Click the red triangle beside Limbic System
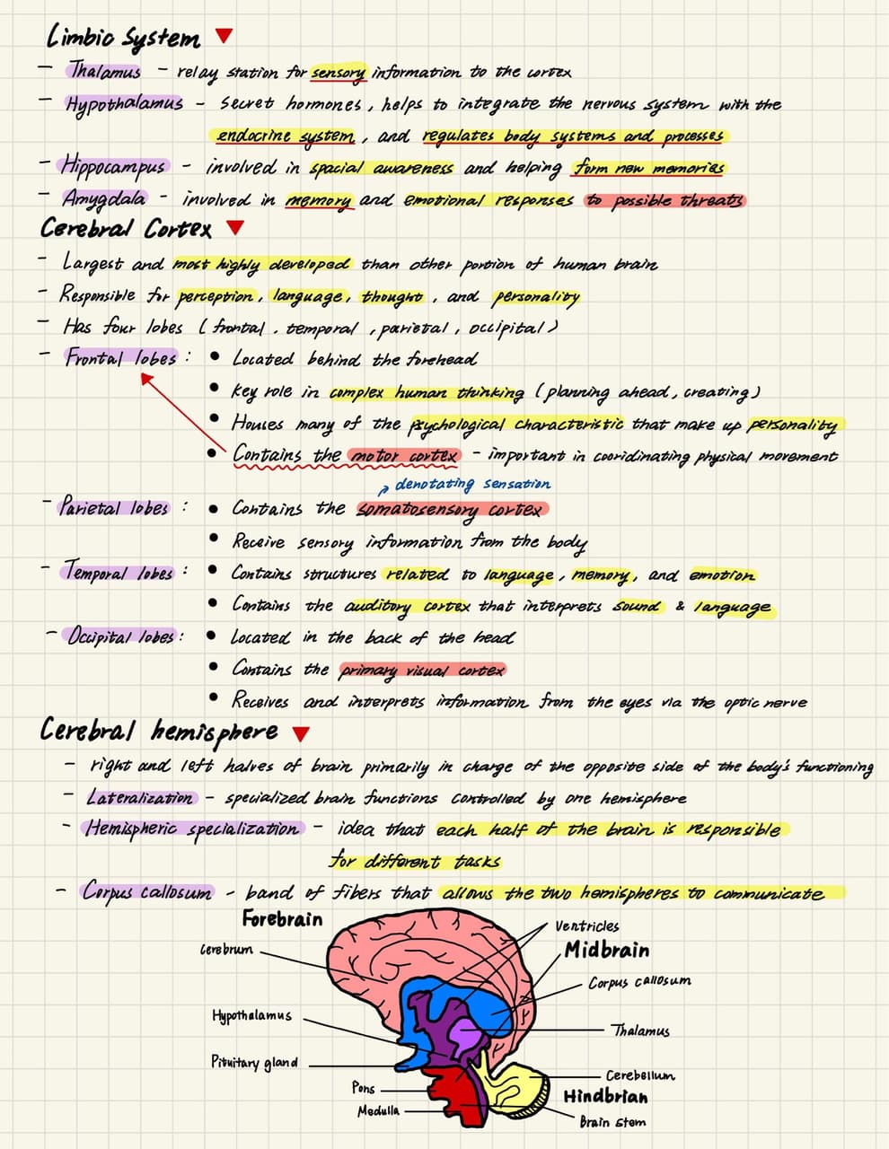(224, 35)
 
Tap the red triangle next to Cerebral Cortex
(234, 227)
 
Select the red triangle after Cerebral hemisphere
(301, 734)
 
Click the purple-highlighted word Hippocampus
(114, 167)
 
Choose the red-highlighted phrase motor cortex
(404, 455)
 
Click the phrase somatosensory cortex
(453, 510)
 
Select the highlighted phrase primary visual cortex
(422, 670)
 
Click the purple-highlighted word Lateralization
(141, 797)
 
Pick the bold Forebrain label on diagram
(282, 919)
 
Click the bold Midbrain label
(607, 951)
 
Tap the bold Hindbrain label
(605, 1097)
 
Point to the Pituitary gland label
(254, 1062)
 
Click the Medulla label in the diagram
(378, 1111)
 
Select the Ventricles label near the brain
(587, 925)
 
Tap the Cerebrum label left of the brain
(226, 950)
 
